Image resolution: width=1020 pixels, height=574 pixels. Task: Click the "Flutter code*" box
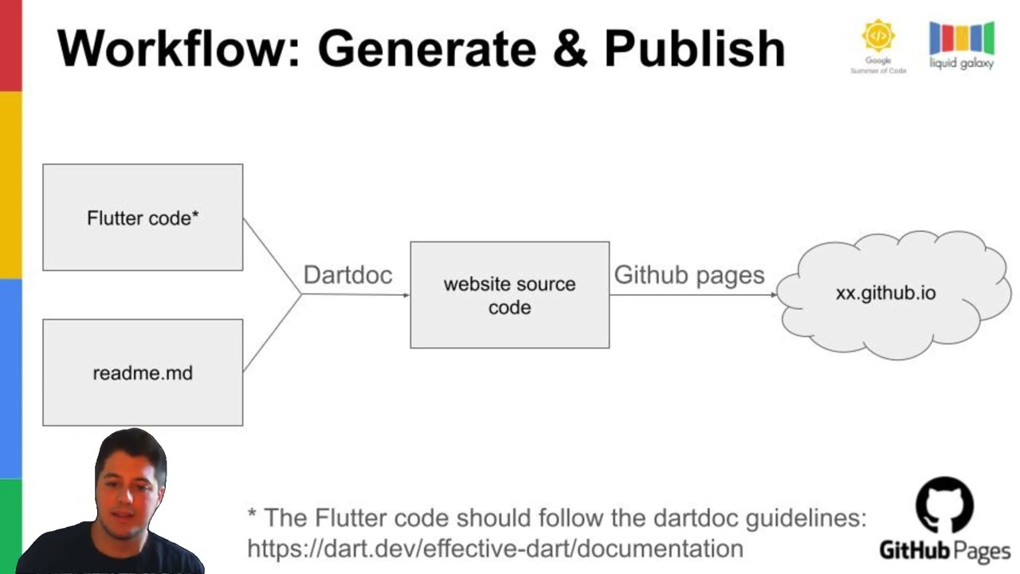tap(143, 218)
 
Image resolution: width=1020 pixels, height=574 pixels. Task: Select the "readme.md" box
tap(143, 372)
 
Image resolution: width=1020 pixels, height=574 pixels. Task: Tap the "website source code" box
tap(510, 295)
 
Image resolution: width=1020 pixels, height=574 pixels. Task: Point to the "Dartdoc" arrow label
tap(347, 275)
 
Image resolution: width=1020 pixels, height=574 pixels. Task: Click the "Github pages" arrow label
tap(688, 275)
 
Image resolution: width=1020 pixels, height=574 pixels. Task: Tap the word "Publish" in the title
tap(694, 49)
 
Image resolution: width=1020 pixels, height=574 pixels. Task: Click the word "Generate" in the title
tap(426, 49)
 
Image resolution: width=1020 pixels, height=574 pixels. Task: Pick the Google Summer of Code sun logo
tap(878, 37)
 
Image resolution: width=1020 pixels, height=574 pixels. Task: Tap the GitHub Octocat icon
tap(944, 505)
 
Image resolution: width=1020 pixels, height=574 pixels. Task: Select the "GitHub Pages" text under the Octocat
tap(945, 550)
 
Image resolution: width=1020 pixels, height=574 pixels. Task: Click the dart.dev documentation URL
tap(495, 548)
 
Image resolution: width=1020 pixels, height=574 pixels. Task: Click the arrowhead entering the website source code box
tap(406, 295)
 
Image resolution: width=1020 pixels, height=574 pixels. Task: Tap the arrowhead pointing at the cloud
tap(773, 295)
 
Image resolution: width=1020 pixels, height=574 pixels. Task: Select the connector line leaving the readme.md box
tap(271, 334)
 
